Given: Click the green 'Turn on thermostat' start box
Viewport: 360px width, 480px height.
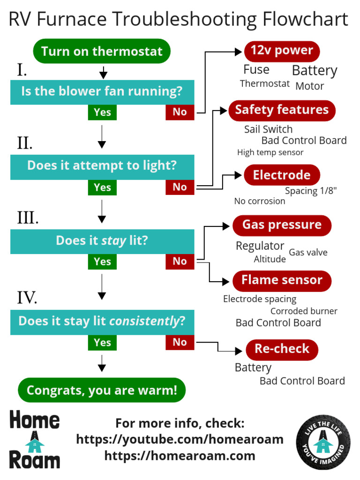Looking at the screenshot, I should pyautogui.click(x=102, y=51).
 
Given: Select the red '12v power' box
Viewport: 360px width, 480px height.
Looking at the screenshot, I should pyautogui.click(x=282, y=51).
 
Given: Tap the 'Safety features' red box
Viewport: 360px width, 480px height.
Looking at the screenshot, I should pyautogui.click(x=282, y=110).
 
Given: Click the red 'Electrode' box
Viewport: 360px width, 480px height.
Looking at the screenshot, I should pyautogui.click(x=282, y=175).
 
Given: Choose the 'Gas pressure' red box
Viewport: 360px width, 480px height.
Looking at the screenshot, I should pyautogui.click(x=282, y=225).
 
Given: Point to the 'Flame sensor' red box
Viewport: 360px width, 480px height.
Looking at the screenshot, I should pyautogui.click(x=282, y=280).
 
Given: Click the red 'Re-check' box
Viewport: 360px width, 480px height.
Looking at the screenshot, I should pyautogui.click(x=282, y=349).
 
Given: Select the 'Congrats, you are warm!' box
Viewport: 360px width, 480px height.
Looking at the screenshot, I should pyautogui.click(x=102, y=390).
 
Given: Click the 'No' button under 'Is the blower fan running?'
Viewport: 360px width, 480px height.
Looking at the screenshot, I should pyautogui.click(x=180, y=112).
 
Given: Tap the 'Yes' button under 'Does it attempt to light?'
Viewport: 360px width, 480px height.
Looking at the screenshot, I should pyautogui.click(x=102, y=187).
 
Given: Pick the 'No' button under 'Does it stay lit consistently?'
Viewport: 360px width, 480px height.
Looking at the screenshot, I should pyautogui.click(x=180, y=342).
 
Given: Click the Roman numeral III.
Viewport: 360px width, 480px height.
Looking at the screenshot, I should pyautogui.click(x=28, y=218).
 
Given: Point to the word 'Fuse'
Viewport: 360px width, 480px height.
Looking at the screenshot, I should pyautogui.click(x=256, y=70).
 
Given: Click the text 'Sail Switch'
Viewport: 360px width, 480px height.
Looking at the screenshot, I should pyautogui.click(x=268, y=129).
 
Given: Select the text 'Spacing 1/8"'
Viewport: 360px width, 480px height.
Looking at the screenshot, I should pyautogui.click(x=311, y=191).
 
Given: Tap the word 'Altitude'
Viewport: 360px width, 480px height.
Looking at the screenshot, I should pyautogui.click(x=270, y=259).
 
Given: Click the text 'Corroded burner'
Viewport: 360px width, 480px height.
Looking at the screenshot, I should pyautogui.click(x=304, y=311).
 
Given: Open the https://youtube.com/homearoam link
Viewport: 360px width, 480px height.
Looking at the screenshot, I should pyautogui.click(x=180, y=439).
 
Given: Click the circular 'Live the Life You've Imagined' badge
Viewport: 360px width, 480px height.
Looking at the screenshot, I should pyautogui.click(x=323, y=442).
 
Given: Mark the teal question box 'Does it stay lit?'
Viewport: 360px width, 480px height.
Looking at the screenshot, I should pyautogui.click(x=102, y=241).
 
